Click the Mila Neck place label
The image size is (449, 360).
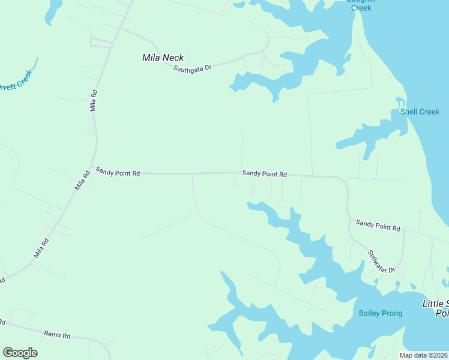[163, 58]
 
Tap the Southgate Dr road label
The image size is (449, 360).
[193, 68]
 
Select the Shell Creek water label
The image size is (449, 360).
[420, 112]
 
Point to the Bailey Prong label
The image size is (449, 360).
[381, 313]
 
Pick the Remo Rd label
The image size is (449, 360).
[58, 334]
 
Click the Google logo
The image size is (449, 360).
[20, 353]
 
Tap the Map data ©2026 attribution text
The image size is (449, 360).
[423, 355]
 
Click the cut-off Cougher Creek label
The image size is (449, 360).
[361, 5]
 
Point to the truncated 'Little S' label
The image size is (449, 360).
[435, 308]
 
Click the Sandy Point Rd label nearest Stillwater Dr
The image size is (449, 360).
[378, 225]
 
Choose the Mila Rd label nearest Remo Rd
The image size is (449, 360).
[41, 248]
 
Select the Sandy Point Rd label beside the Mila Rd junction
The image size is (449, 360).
[118, 173]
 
